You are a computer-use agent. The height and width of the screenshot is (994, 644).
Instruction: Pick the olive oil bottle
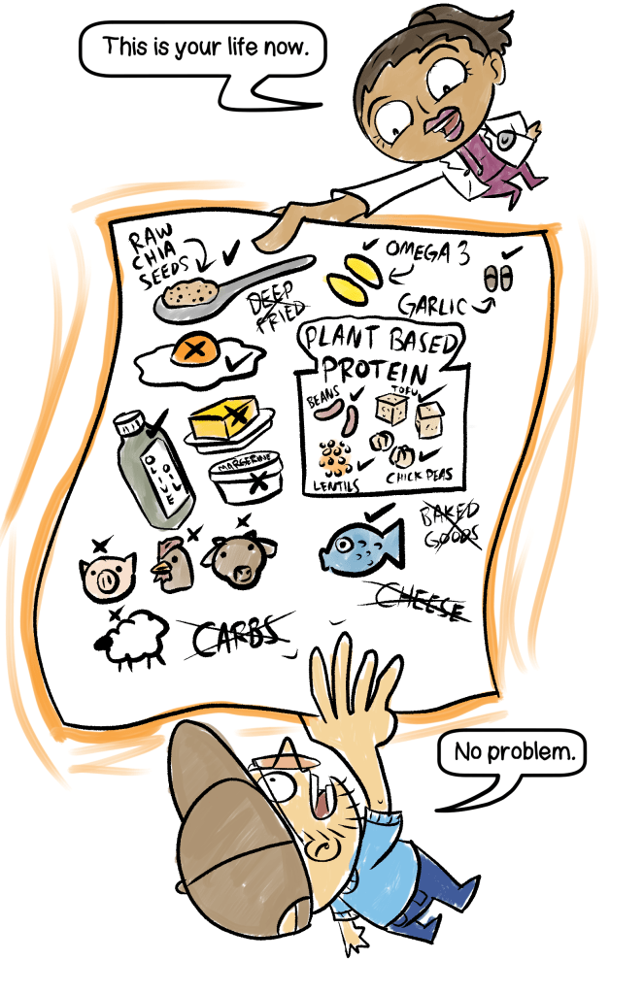pyautogui.click(x=153, y=469)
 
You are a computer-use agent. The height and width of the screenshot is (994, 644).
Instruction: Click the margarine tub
pyautogui.click(x=248, y=480)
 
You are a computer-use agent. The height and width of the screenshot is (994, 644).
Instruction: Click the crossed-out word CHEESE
pyautogui.click(x=417, y=602)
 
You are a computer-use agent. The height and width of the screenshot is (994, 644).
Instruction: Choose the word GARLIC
pyautogui.click(x=427, y=305)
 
